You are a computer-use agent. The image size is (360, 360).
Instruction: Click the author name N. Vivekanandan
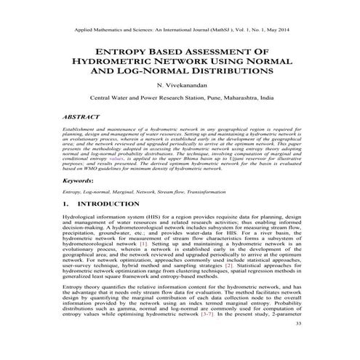pyautogui.click(x=180, y=85)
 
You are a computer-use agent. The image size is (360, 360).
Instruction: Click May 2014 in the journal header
pyautogui.click(x=276, y=31)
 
